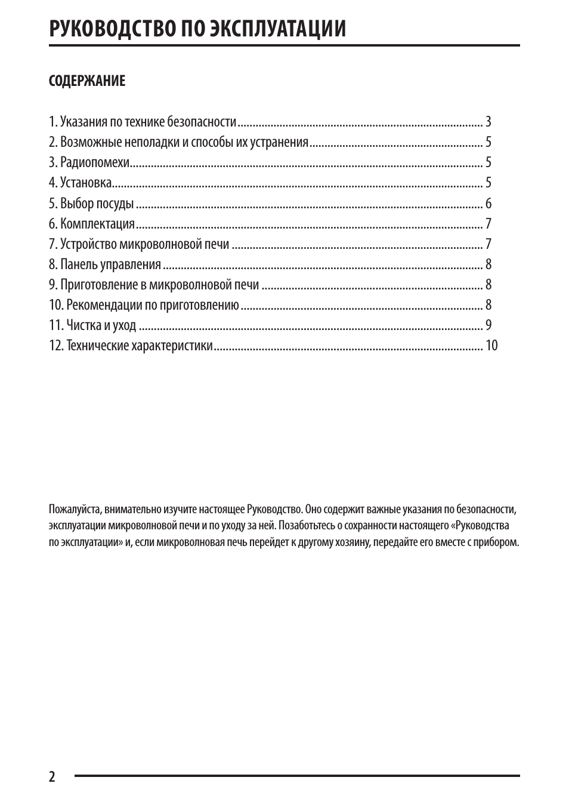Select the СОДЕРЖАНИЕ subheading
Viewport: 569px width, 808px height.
pos(87,81)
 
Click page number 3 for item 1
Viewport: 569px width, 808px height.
pos(488,122)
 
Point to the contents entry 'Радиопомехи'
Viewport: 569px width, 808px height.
pos(95,162)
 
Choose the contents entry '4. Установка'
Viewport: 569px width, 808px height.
pos(81,183)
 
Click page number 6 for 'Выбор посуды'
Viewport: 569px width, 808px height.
pos(488,203)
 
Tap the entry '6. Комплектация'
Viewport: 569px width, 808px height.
pos(92,224)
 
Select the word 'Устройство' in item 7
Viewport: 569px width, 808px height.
pos(88,244)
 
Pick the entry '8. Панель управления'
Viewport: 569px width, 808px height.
pos(105,264)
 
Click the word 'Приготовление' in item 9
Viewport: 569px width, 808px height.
pos(99,285)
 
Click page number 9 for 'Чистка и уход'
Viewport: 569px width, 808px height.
pos(488,325)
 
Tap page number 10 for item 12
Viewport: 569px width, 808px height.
pos(491,346)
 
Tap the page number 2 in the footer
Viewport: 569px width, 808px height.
pos(52,776)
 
